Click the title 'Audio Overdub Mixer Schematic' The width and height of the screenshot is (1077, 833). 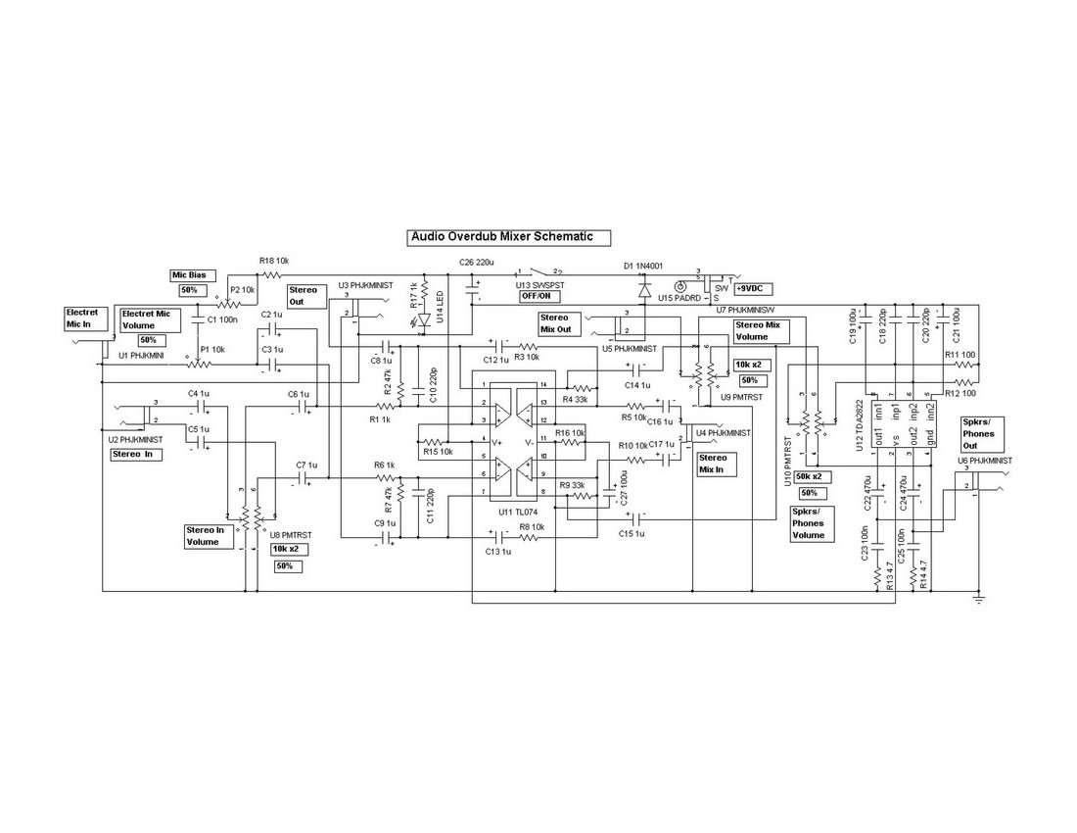click(508, 236)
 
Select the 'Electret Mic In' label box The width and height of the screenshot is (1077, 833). click(82, 318)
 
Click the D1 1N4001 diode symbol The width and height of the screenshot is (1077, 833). click(643, 290)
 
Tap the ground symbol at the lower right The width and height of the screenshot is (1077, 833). click(977, 596)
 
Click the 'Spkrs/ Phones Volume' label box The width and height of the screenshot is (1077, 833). click(810, 523)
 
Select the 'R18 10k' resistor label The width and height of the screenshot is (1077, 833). click(274, 261)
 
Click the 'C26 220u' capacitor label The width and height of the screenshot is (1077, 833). click(477, 262)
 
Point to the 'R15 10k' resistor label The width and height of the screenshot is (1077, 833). click(438, 452)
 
